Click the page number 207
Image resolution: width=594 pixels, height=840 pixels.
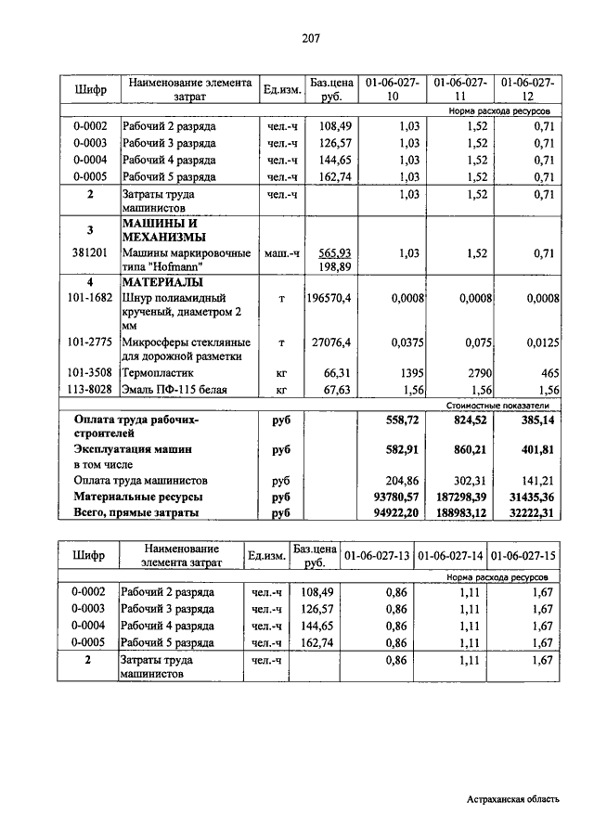311,38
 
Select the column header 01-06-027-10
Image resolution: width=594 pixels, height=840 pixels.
393,89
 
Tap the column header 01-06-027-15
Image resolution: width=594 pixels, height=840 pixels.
524,556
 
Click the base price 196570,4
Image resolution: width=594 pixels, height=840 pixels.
329,298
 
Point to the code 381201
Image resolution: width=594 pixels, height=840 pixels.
90,252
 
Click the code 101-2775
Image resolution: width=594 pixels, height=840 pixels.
90,342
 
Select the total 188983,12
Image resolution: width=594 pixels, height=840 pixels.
461,511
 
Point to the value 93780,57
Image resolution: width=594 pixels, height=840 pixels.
397,497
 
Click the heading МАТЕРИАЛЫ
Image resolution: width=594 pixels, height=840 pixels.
161,282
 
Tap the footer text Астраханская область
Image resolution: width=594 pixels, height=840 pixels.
513,799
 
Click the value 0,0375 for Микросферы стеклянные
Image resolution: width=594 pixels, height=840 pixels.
405,342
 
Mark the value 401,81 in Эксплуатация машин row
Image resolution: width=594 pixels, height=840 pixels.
533,449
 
